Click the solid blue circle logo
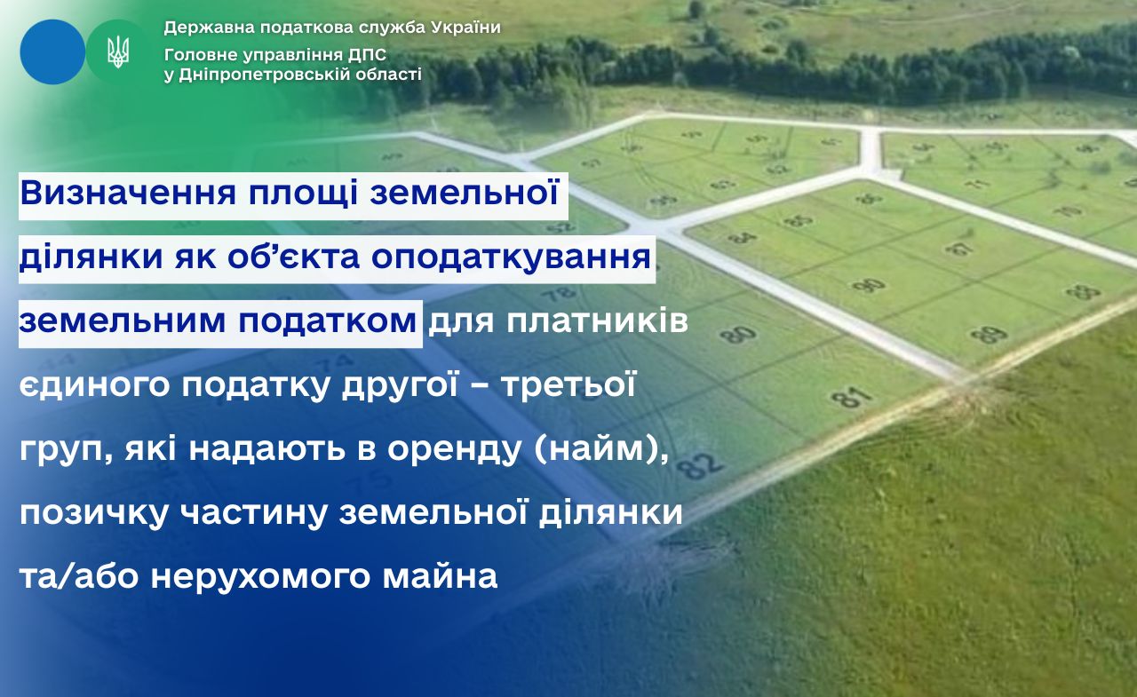coord(52,51)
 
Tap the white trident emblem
coord(118,51)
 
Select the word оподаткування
coord(511,258)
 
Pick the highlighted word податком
coord(328,322)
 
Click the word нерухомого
coord(260,577)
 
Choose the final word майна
coord(440,575)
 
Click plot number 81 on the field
coord(852,397)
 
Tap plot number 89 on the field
coord(989,335)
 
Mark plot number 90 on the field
coord(869,285)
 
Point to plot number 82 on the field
coord(700,465)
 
